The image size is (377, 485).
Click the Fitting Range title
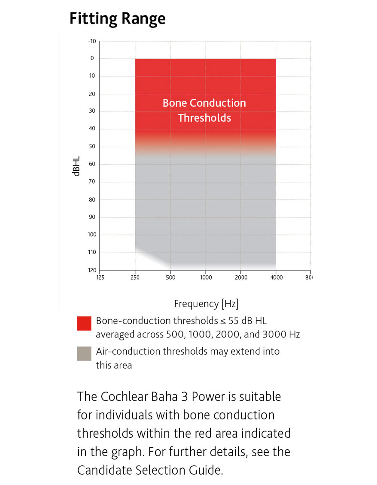[117, 19]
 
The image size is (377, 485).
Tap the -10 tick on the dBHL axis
[92, 42]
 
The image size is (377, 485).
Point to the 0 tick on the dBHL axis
[92, 58]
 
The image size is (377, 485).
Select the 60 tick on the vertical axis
[92, 164]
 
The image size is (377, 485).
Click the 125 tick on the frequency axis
[100, 277]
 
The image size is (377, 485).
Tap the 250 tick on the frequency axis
[135, 277]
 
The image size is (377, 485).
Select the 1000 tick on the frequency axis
[206, 277]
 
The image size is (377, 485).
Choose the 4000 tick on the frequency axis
[276, 277]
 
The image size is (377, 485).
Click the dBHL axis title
[77, 164]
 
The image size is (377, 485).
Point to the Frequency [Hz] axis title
[206, 304]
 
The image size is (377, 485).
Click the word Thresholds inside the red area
[204, 118]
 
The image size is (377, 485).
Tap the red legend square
[84, 323]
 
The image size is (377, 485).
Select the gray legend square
[84, 353]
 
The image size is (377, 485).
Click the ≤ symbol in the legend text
[223, 321]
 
